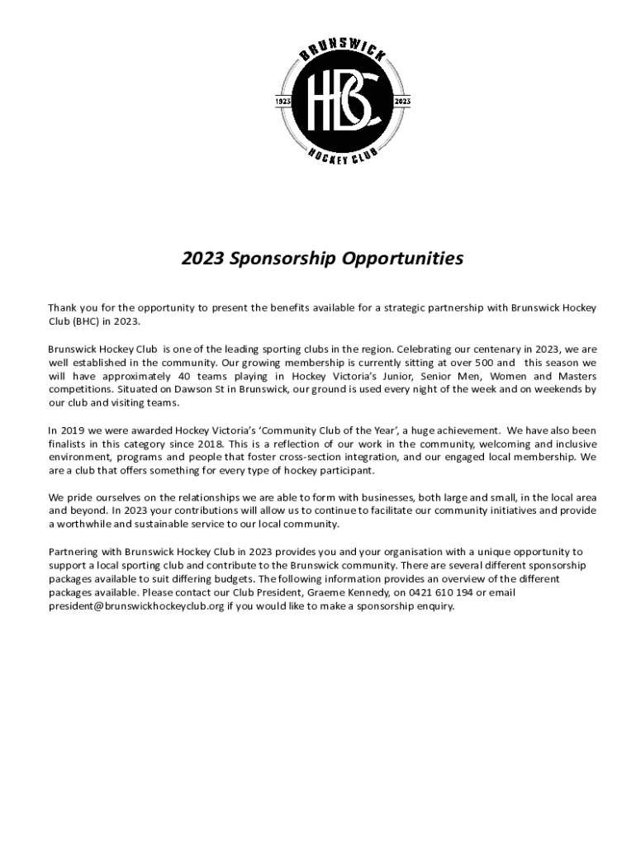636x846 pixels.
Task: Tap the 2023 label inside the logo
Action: tap(404, 101)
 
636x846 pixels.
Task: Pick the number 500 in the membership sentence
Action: tap(482, 362)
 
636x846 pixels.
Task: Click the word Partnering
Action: tap(73, 551)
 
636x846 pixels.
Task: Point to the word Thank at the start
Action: tap(63, 307)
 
